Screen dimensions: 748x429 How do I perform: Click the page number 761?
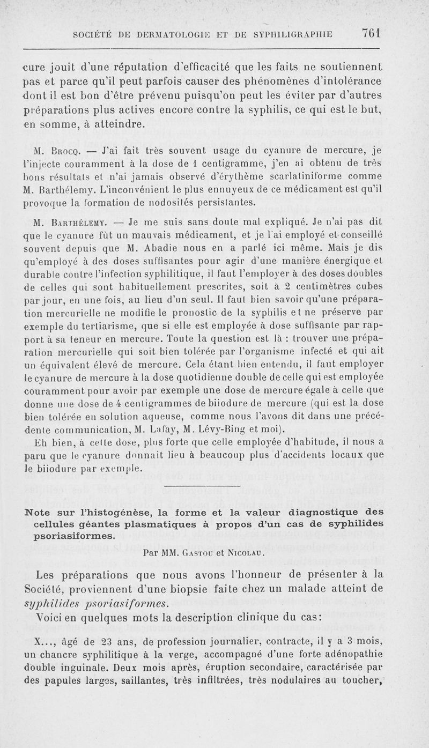pos(371,33)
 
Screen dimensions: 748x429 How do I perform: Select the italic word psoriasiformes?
pos(122,602)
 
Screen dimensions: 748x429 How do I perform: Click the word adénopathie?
pos(354,655)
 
